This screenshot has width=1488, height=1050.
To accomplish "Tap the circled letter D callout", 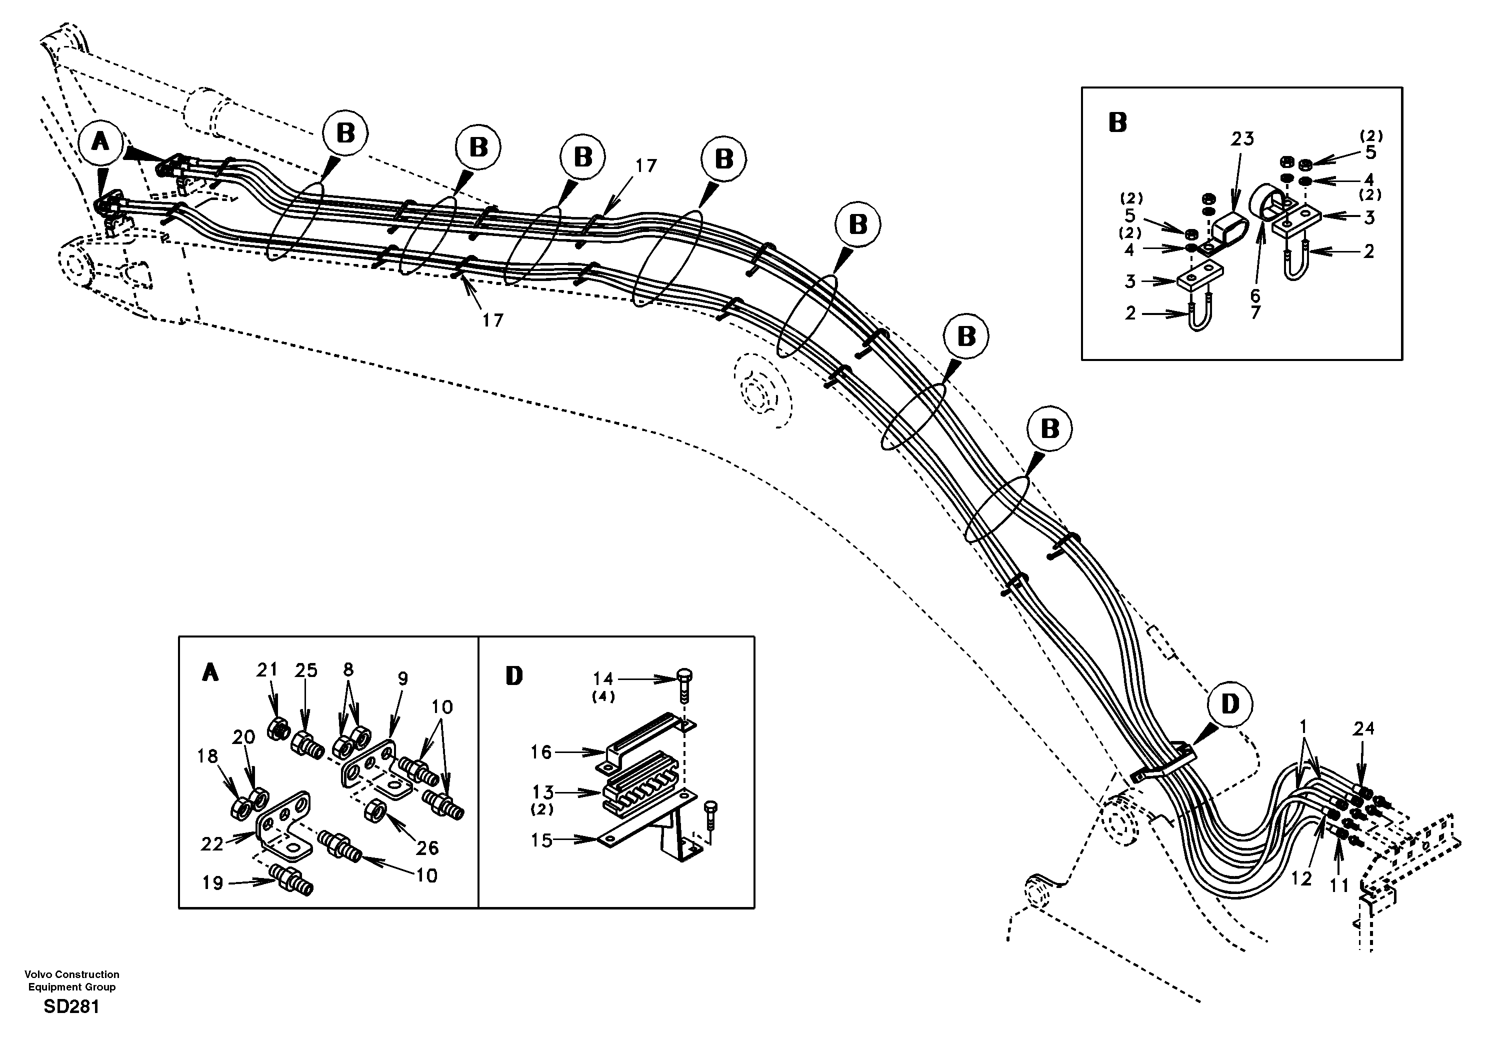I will [x=1229, y=704].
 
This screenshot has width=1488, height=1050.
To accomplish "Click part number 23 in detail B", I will [x=1242, y=138].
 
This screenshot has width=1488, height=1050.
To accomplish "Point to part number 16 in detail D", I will [x=541, y=752].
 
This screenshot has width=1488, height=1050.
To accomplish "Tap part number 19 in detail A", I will [x=212, y=883].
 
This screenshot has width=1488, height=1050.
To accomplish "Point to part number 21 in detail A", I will [x=266, y=669].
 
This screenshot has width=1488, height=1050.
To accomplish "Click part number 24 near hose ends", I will [x=1363, y=728].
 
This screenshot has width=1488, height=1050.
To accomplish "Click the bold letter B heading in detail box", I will [x=1118, y=122].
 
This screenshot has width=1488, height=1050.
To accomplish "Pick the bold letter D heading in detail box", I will [x=514, y=676].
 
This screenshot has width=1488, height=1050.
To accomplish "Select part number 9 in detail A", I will [x=402, y=678].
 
